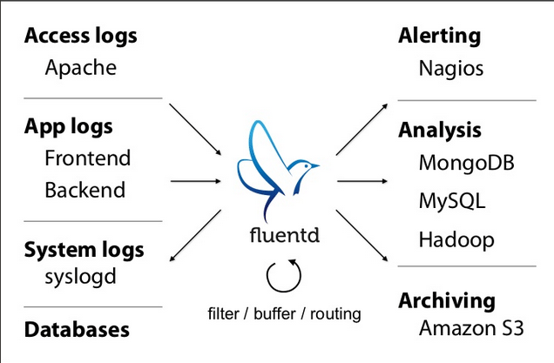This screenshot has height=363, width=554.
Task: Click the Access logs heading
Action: click(80, 37)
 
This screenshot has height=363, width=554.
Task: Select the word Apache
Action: click(80, 67)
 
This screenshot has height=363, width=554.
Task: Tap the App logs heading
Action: click(69, 127)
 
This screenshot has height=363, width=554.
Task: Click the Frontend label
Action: click(88, 158)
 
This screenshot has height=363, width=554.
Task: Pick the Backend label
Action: click(85, 190)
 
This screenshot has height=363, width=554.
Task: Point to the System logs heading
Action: click(84, 250)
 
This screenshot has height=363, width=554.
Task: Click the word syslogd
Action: click(80, 277)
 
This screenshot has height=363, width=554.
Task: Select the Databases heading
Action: click(77, 329)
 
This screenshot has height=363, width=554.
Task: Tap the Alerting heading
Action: click(440, 36)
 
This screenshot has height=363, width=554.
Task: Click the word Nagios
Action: click(451, 69)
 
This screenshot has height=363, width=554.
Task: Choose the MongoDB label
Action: click(466, 163)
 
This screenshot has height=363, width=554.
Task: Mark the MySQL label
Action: click(452, 201)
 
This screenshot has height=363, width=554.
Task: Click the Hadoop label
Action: click(456, 239)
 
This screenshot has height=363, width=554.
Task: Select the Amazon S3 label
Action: click(471, 327)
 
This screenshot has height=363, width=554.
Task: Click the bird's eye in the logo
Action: click(307, 165)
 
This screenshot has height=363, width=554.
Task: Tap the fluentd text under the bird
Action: click(285, 234)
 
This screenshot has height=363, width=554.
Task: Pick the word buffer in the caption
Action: click(274, 313)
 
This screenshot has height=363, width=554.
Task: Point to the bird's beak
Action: click(315, 165)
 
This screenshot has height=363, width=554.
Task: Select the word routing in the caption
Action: click(335, 314)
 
